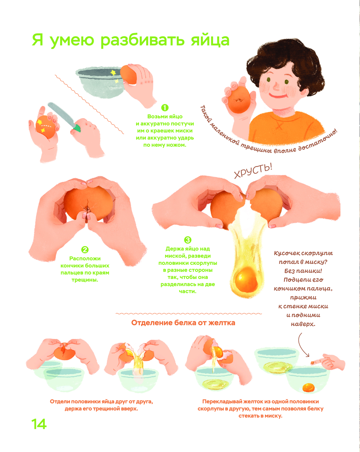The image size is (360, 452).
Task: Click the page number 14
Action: point(39,424)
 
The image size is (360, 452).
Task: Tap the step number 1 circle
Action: point(165,108)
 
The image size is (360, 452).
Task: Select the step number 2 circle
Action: point(85,249)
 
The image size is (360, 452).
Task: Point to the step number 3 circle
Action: point(188,240)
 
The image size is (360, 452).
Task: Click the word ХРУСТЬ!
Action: point(253,171)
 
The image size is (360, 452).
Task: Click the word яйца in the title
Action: point(210,40)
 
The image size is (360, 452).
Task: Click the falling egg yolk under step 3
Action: point(246,280)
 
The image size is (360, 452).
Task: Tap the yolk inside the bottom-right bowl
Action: point(309,388)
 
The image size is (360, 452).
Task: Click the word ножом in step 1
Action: point(176,145)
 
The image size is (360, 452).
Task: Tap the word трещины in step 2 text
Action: point(85,280)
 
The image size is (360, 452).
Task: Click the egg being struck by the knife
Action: point(46,127)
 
